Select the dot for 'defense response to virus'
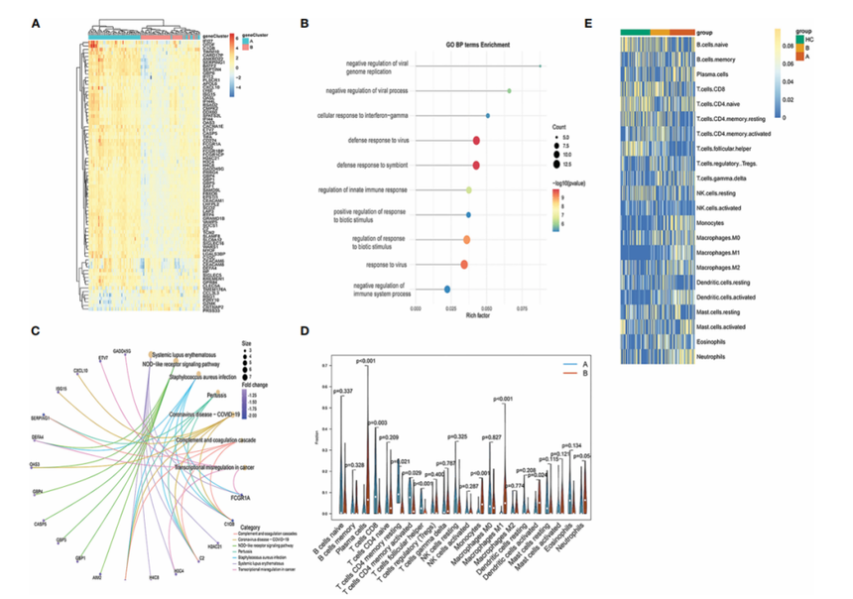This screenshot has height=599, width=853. [476, 141]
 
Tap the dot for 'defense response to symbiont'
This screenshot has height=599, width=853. [476, 166]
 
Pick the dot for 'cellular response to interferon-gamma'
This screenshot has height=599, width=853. [487, 116]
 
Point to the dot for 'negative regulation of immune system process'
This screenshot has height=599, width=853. [447, 290]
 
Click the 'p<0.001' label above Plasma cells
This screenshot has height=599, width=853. [368, 360]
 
